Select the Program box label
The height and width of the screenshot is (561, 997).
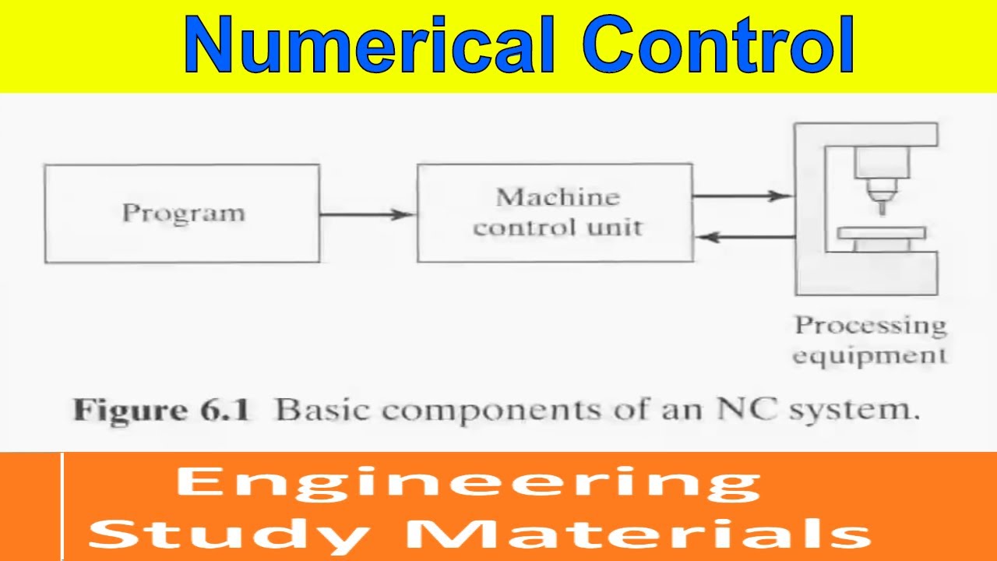[x=183, y=213]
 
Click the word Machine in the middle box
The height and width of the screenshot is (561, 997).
[x=557, y=197]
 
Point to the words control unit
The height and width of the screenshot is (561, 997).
[x=557, y=228]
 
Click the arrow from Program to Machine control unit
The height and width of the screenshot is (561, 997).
[x=367, y=214]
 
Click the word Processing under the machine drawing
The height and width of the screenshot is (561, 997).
[x=869, y=325]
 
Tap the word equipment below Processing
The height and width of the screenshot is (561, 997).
[x=869, y=356]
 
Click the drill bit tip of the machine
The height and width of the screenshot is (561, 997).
[x=882, y=209]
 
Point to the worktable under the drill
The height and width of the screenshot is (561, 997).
[x=882, y=233]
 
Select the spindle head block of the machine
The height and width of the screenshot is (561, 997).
[x=882, y=164]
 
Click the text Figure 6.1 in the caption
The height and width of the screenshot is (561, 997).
[x=161, y=410]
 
